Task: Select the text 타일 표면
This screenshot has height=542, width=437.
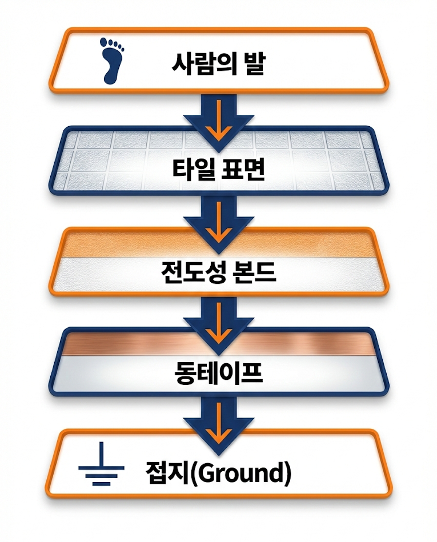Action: tap(218, 168)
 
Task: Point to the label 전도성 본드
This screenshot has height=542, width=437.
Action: tap(218, 272)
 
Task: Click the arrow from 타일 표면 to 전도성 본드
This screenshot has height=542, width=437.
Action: tap(218, 220)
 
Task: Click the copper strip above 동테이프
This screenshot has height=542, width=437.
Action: tap(218, 344)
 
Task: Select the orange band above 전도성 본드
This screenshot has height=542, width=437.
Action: tap(218, 244)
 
